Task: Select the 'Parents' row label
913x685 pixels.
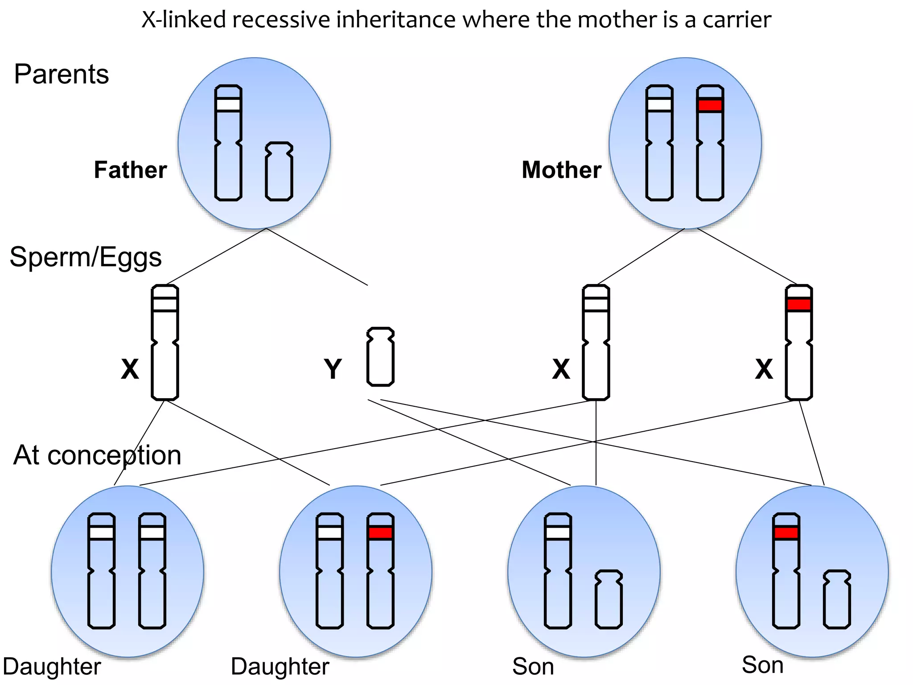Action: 62,74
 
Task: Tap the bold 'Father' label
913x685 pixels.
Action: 130,170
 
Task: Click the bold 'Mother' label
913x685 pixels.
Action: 561,170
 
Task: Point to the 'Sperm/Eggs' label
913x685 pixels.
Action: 86,257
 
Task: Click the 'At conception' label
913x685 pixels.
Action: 97,455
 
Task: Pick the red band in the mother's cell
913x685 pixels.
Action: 710,105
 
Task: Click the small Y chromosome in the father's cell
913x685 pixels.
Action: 279,171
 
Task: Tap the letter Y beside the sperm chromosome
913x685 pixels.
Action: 333,369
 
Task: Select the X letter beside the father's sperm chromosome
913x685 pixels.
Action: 130,369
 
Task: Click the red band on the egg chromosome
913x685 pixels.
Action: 798,305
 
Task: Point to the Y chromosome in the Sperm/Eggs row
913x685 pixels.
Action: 380,357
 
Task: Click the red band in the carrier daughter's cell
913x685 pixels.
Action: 380,533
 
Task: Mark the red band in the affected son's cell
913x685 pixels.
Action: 786,533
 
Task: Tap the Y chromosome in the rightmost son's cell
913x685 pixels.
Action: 837,599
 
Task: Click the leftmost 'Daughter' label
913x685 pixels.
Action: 52,667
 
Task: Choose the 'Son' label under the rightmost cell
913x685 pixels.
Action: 762,665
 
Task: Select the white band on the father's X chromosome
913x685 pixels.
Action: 228,105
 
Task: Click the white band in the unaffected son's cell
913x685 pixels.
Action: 558,533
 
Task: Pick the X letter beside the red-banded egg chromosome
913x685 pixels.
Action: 764,369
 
